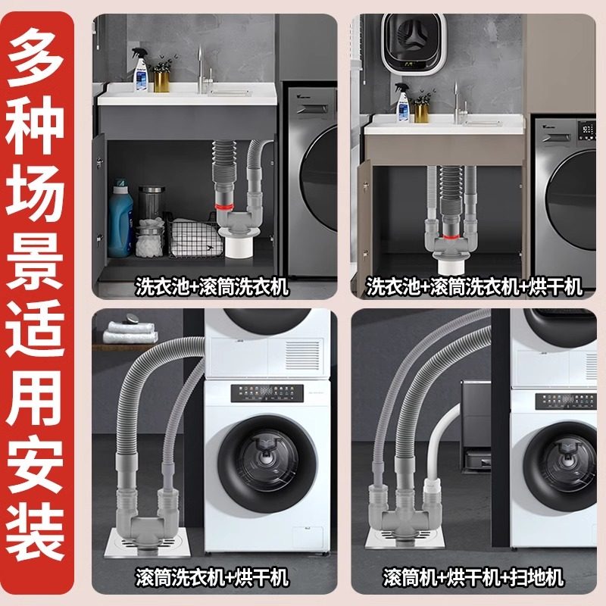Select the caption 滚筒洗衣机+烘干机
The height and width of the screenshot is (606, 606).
pyautogui.click(x=213, y=577)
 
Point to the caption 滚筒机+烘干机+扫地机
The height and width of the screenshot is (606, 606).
pyautogui.click(x=474, y=577)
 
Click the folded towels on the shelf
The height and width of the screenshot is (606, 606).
pyautogui.click(x=131, y=331)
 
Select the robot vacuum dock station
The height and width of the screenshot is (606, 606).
pyautogui.click(x=481, y=424)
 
